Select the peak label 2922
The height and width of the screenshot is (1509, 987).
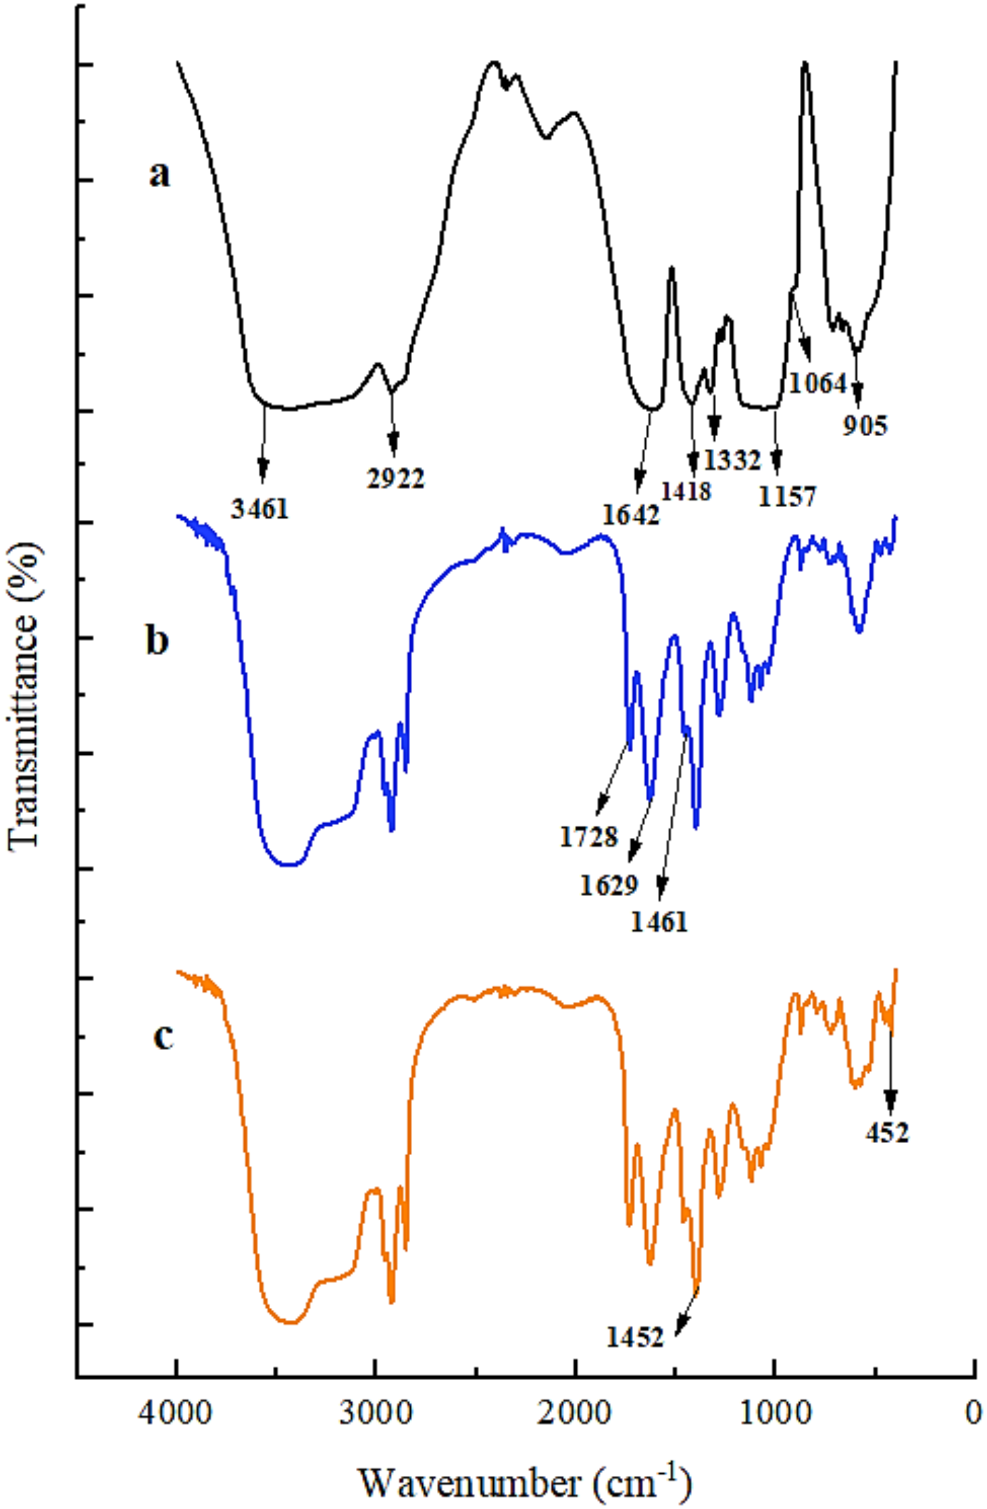[396, 478]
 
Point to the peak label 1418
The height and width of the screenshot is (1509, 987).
[686, 491]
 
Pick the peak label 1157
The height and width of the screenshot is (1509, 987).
[786, 496]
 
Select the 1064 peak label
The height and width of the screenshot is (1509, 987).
[818, 384]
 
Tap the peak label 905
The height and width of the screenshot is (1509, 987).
[865, 426]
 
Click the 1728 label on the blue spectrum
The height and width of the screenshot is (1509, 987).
[590, 837]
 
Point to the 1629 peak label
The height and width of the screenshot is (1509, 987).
[609, 886]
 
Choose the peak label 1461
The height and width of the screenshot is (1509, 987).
[660, 923]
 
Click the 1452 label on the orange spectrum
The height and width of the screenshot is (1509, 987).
[636, 1338]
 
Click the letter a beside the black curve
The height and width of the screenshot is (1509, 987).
[160, 174]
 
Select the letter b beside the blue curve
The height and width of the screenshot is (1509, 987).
[157, 641]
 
